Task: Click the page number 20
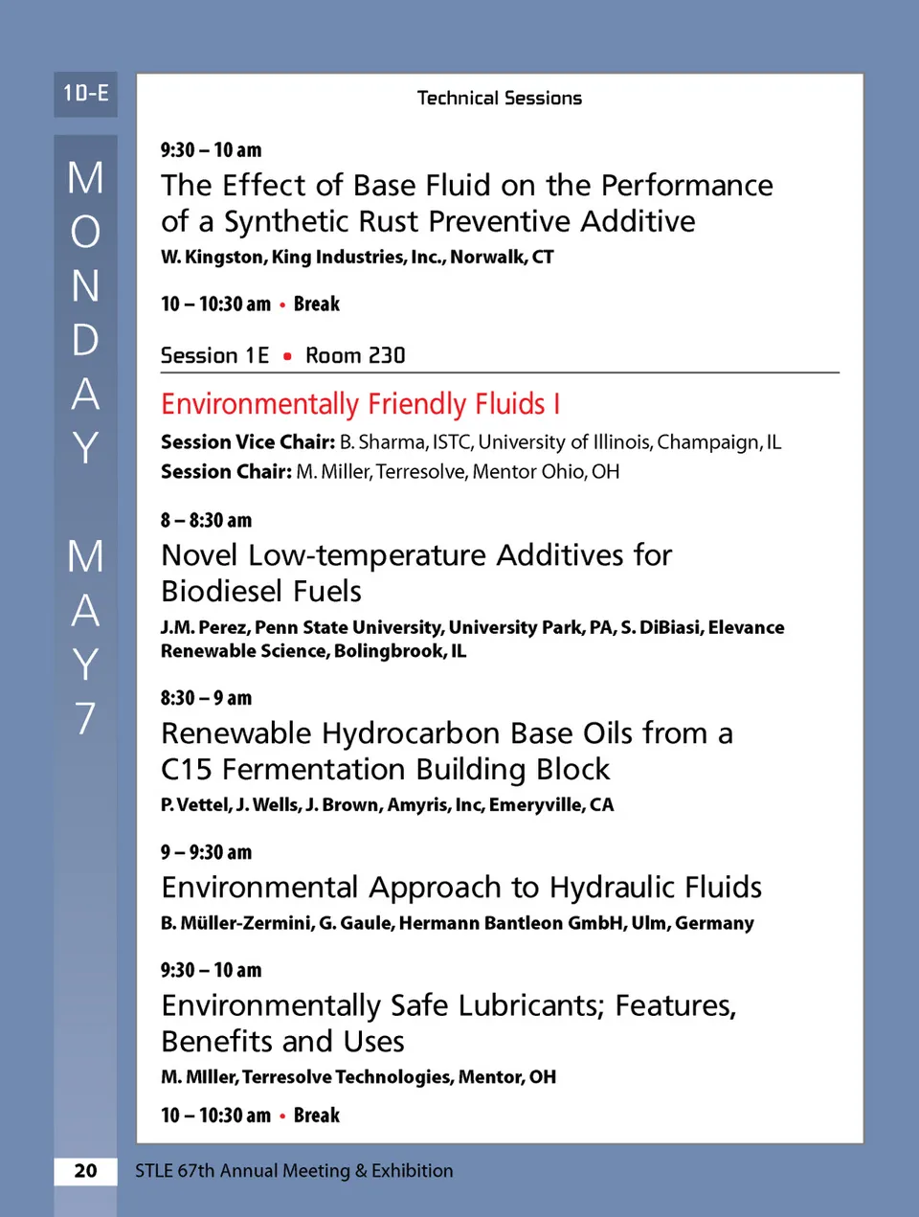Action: click(x=85, y=1170)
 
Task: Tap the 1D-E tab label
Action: click(x=85, y=94)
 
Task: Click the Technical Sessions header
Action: click(x=499, y=98)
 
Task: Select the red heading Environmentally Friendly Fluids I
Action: click(x=360, y=404)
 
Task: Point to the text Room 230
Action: click(x=355, y=355)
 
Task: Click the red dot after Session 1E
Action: click(x=287, y=356)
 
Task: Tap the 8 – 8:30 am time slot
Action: click(x=206, y=520)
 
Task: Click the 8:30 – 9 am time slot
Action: click(x=206, y=698)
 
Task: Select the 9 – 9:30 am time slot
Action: click(x=206, y=852)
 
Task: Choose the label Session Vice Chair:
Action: click(x=247, y=441)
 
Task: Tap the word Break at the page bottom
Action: click(x=317, y=1116)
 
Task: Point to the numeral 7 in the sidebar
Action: click(x=85, y=718)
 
